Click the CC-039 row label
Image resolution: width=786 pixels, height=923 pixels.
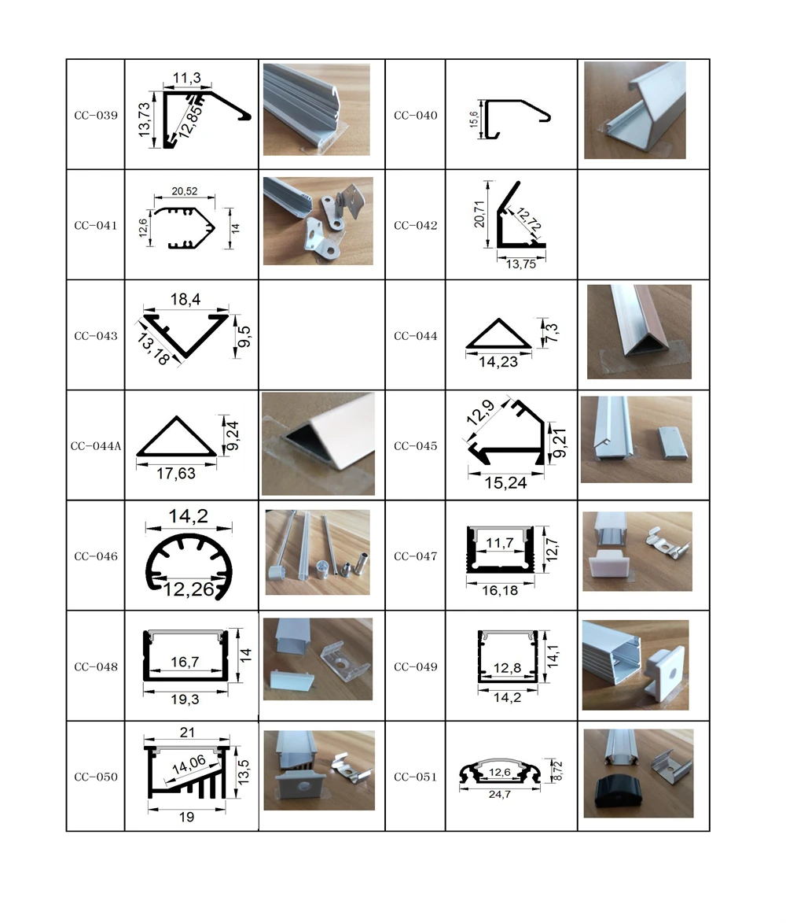click(x=96, y=116)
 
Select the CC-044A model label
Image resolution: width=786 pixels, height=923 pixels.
click(x=96, y=446)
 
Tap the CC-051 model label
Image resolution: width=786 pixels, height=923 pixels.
click(x=415, y=777)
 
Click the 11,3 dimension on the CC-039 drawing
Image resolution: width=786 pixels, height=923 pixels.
click(x=186, y=77)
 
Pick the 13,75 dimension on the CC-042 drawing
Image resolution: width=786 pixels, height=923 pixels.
click(x=520, y=264)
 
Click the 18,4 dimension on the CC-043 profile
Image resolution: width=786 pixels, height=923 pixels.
click(x=185, y=300)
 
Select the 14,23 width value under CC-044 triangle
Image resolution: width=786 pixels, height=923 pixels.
click(x=498, y=363)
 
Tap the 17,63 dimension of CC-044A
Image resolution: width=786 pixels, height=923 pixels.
click(x=176, y=474)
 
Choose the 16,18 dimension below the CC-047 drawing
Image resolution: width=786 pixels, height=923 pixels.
click(x=499, y=589)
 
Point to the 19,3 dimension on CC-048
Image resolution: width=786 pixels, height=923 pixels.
click(x=185, y=698)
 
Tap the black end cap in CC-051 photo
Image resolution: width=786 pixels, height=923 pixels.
click(x=620, y=795)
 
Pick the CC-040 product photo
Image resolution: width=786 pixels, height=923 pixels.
click(x=635, y=110)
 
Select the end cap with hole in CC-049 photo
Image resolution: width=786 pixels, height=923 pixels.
click(x=665, y=674)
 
